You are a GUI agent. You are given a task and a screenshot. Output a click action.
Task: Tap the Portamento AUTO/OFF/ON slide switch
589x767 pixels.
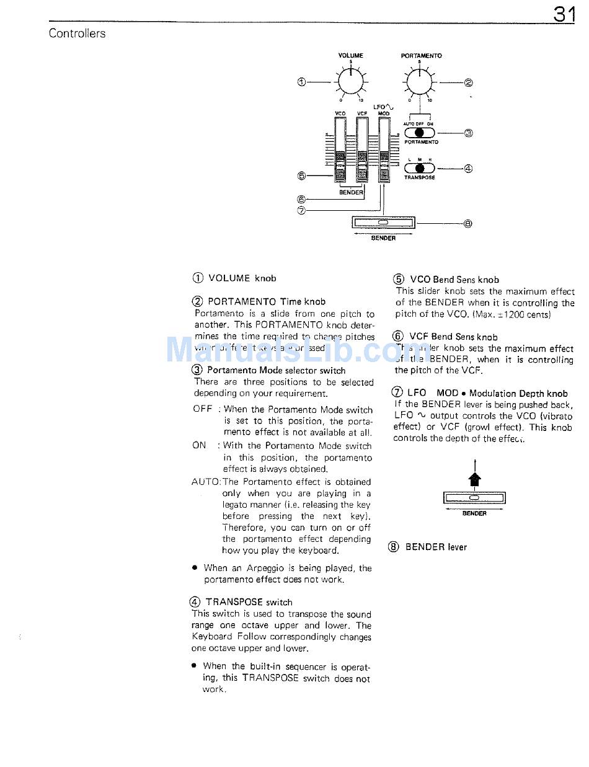click(x=420, y=132)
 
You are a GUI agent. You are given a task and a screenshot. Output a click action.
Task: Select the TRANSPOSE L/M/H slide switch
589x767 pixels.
click(x=420, y=167)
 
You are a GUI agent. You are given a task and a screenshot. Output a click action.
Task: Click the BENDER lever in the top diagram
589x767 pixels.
click(x=383, y=222)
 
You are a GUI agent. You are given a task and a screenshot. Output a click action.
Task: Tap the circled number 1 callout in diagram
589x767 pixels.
click(x=302, y=82)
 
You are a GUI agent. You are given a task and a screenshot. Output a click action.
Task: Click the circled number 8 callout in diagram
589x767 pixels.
click(x=468, y=224)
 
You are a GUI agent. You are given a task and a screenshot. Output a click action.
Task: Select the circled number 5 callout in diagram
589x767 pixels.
click(x=302, y=176)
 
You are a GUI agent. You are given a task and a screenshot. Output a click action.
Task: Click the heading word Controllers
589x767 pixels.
click(x=77, y=33)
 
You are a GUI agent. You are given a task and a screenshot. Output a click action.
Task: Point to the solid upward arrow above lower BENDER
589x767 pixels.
click(x=474, y=479)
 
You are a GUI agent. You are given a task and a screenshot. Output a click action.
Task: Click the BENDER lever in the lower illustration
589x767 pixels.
click(x=474, y=498)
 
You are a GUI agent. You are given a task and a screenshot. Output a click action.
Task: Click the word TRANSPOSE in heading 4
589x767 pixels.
click(x=234, y=602)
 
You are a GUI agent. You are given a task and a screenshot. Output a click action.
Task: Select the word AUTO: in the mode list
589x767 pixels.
click(x=206, y=482)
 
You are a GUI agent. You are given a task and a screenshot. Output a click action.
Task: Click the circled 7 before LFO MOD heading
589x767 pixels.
click(x=397, y=392)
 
